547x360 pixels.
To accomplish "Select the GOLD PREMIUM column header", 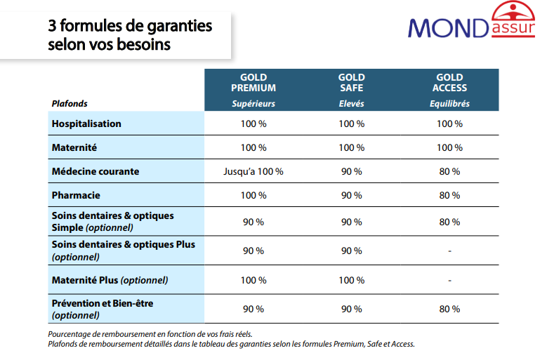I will tap(253, 83).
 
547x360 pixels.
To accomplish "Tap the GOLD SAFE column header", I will tap(351, 83).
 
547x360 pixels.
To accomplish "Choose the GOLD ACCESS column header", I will tap(449, 83).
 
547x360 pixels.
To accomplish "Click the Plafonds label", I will tap(70, 104).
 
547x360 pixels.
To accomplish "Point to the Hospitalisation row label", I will tap(86, 124).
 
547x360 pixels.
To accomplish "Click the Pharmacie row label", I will tap(76, 195).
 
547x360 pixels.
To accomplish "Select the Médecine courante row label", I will tap(95, 171).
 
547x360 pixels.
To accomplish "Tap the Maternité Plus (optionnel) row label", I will tap(110, 280).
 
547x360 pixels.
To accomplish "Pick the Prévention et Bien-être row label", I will tap(103, 303).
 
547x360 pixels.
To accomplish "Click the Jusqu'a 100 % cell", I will tap(253, 172).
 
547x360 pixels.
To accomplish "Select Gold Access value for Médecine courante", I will tap(449, 172).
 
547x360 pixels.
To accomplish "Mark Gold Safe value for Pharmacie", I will tap(351, 196).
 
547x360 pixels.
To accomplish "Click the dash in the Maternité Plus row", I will tap(449, 280).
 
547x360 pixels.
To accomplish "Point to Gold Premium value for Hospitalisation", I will tap(253, 124).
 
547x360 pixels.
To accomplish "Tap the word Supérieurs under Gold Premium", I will tap(253, 104).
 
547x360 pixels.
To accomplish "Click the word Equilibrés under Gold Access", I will tap(449, 104).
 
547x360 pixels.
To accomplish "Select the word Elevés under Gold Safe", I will tap(351, 104).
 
